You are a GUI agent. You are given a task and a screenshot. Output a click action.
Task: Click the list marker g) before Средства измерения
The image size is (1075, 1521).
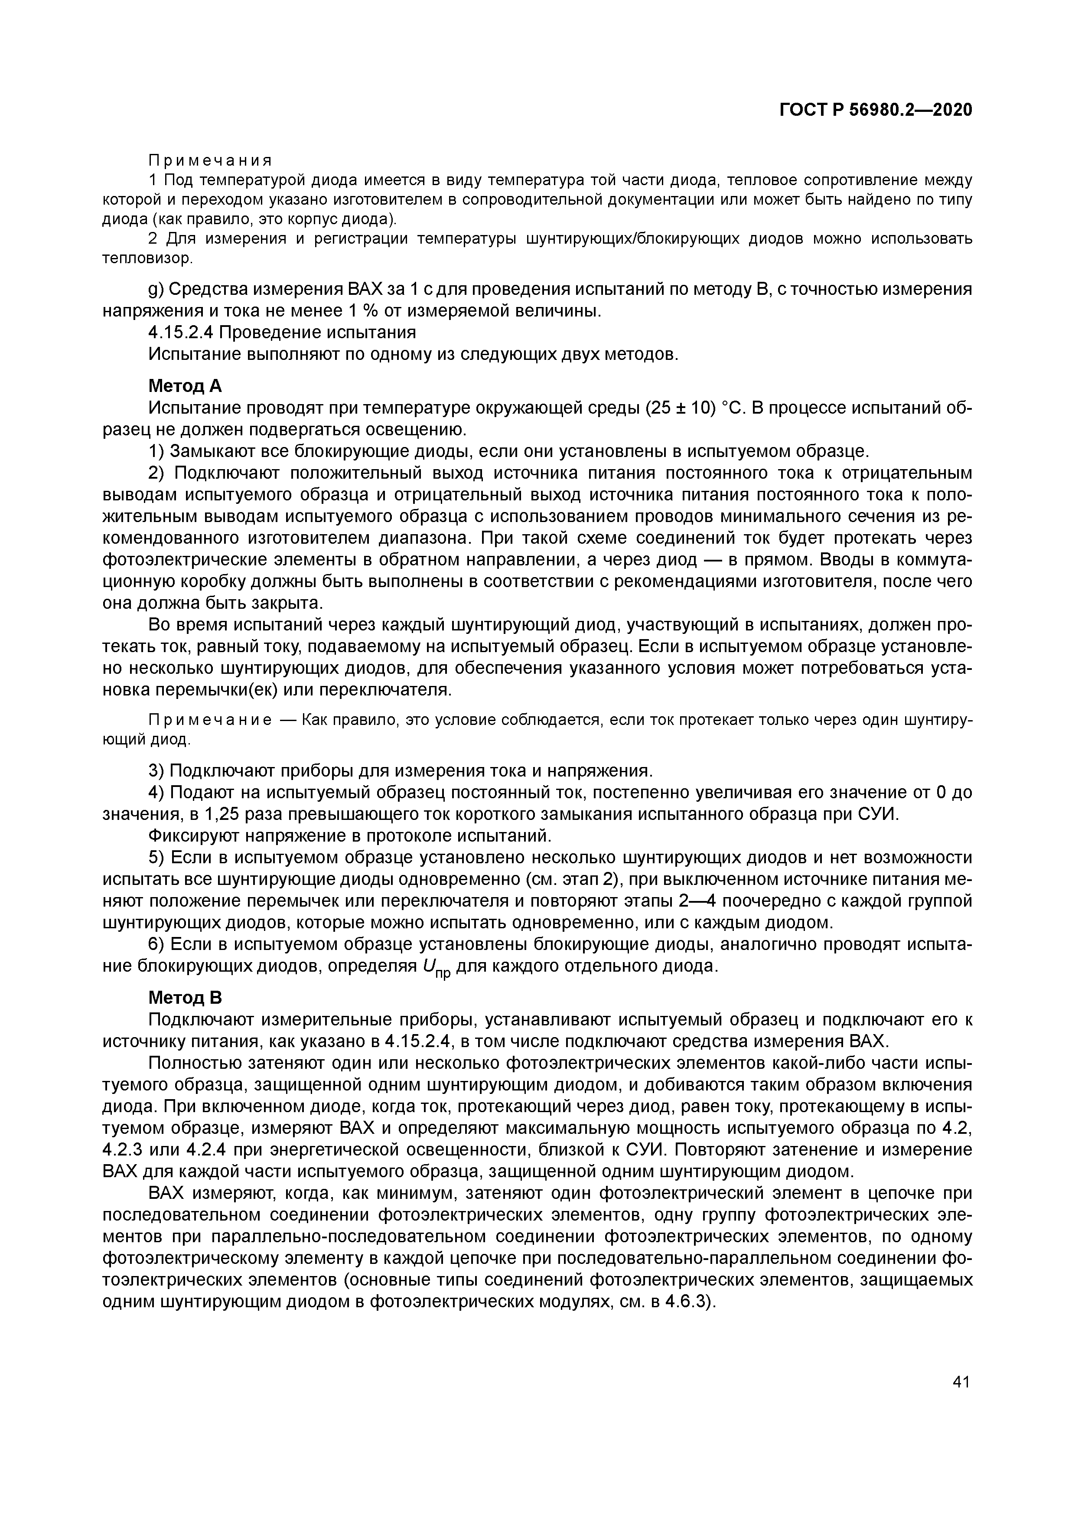(156, 290)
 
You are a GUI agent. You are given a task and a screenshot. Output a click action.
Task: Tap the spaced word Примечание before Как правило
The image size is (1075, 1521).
(209, 719)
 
